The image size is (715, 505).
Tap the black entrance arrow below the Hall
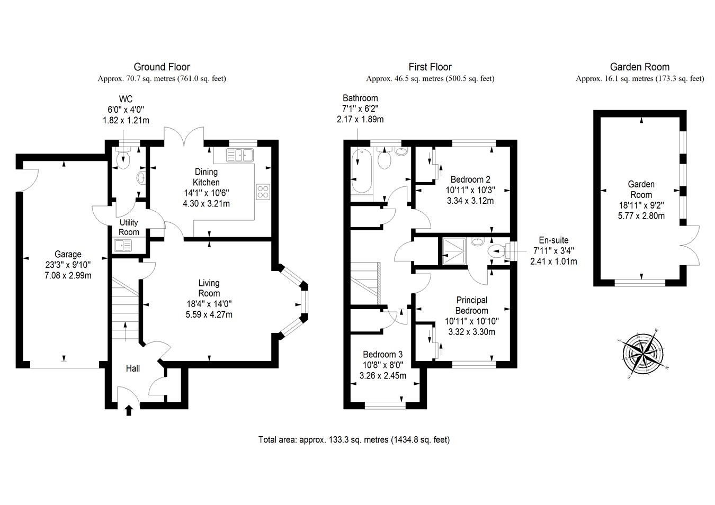[x=128, y=410]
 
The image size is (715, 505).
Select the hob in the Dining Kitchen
[x=263, y=191]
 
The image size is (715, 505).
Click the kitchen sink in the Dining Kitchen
[x=240, y=155]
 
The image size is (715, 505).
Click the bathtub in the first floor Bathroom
[x=362, y=172]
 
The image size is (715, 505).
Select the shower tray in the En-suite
[x=454, y=251]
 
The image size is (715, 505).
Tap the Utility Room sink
[x=123, y=246]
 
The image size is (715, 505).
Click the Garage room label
[x=68, y=255]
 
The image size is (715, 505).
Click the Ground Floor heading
[x=162, y=67]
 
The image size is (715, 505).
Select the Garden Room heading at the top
[x=640, y=67]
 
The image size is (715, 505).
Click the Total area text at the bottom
[x=354, y=439]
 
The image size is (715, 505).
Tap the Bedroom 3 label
[x=382, y=354]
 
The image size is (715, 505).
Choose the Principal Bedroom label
[x=471, y=305]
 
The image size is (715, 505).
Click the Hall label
[x=132, y=368]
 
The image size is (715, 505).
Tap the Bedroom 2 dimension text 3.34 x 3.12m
[x=470, y=201]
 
